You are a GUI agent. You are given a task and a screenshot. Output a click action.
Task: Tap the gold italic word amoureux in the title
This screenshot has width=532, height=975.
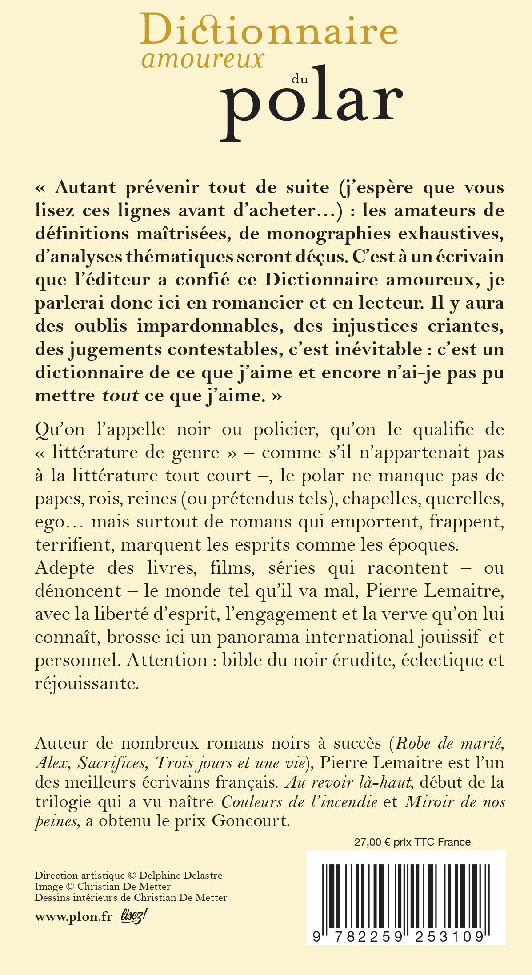(x=203, y=59)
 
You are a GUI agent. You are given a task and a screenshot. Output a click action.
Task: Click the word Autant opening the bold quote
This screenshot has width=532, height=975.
(x=85, y=187)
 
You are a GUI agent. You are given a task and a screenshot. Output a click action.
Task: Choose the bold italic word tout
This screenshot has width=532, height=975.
(x=120, y=395)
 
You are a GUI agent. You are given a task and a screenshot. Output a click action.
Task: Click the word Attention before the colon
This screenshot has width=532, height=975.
(x=167, y=660)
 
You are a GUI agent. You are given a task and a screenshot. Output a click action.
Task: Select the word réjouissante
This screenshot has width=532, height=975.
(x=87, y=683)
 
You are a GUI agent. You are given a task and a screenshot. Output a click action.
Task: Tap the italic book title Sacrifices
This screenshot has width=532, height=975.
(x=112, y=763)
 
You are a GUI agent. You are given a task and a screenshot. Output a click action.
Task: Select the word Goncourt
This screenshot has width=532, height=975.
(x=251, y=820)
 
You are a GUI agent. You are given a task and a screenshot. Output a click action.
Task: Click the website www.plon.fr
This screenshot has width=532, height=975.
(x=74, y=917)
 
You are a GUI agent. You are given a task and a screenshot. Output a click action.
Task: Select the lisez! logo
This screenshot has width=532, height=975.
(x=134, y=916)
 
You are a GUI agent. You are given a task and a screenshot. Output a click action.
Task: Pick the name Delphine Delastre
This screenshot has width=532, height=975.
(x=180, y=876)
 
